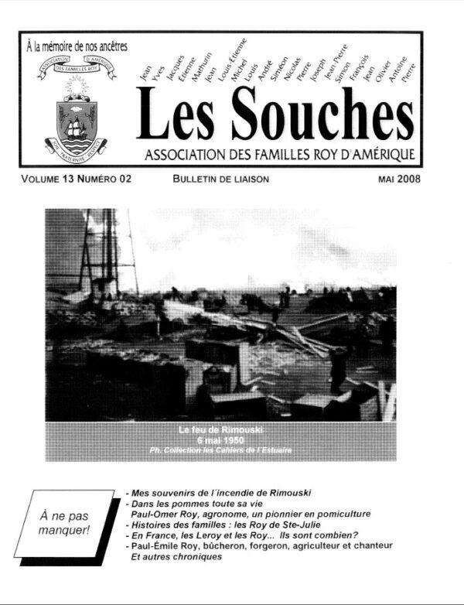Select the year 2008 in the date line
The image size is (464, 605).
tap(408, 179)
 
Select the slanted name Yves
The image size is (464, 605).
tap(160, 70)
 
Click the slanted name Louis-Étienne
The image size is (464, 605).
tap(232, 59)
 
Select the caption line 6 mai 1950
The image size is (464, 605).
tap(220, 439)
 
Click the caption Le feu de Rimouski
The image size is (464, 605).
tap(220, 429)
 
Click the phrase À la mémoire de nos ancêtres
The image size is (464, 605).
tap(76, 46)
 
